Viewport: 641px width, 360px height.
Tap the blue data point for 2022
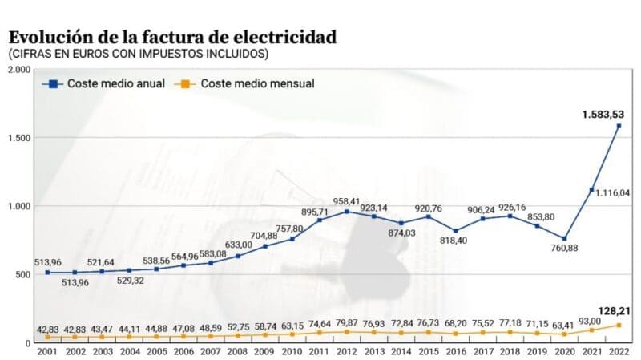(619, 126)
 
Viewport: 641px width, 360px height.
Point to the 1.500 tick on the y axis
(18, 138)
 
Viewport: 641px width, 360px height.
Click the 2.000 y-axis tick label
(18, 71)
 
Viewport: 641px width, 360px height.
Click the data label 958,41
(348, 200)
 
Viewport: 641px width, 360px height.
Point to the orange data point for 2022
(619, 325)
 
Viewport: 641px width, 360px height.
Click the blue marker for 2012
(346, 212)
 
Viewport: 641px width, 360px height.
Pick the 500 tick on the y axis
(22, 274)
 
